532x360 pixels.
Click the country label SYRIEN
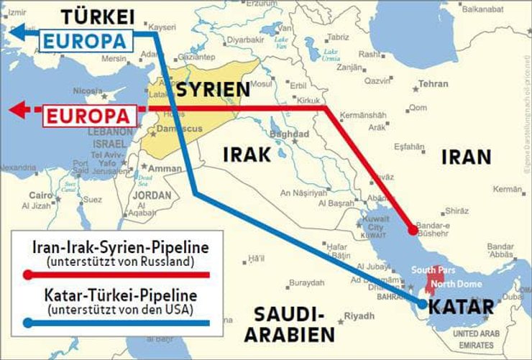(x=214, y=90)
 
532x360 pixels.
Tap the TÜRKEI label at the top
(x=97, y=16)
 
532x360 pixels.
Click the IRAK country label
(x=247, y=154)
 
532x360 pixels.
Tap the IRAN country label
(x=466, y=157)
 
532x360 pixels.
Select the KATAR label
(x=461, y=308)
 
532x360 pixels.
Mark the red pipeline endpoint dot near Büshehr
(x=413, y=231)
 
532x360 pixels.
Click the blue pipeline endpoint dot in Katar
(x=421, y=307)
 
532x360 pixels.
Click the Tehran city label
(x=434, y=84)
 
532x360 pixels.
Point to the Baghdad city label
(x=290, y=134)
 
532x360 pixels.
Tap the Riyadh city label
(x=359, y=316)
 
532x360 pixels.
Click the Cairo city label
(x=40, y=195)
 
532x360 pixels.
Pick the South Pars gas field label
(x=430, y=269)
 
